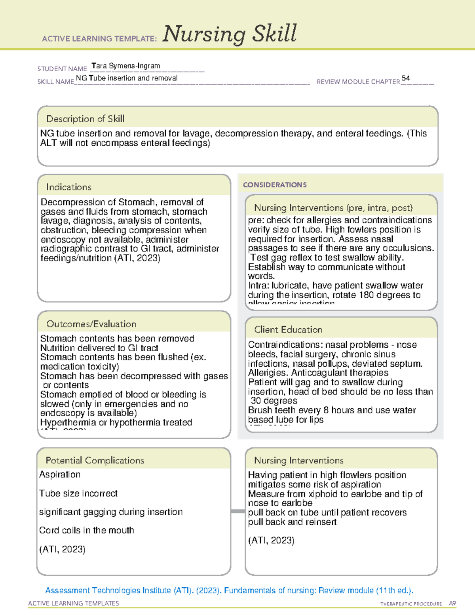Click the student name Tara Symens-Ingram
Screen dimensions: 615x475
click(125, 66)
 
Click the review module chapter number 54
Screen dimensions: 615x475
click(406, 78)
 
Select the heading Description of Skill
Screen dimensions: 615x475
click(85, 119)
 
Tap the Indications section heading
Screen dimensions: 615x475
click(68, 187)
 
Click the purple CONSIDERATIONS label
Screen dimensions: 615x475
click(275, 185)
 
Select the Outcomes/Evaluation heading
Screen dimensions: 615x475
click(91, 324)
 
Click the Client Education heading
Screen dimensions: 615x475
click(288, 329)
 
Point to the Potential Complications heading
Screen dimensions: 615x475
click(95, 460)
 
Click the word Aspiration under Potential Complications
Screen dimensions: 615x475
click(60, 474)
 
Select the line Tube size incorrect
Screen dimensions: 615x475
click(78, 493)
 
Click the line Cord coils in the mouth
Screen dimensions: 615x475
click(86, 530)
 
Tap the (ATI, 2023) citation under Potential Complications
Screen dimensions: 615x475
click(62, 549)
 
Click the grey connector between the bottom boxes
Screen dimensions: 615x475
click(237, 511)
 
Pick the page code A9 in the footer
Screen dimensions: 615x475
click(452, 604)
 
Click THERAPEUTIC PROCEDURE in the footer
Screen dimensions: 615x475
click(411, 604)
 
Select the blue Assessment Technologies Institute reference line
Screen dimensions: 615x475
click(229, 590)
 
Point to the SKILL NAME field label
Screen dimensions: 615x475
click(55, 82)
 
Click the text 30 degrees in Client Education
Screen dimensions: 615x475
click(274, 401)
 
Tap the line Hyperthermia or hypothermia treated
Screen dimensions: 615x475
click(116, 423)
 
